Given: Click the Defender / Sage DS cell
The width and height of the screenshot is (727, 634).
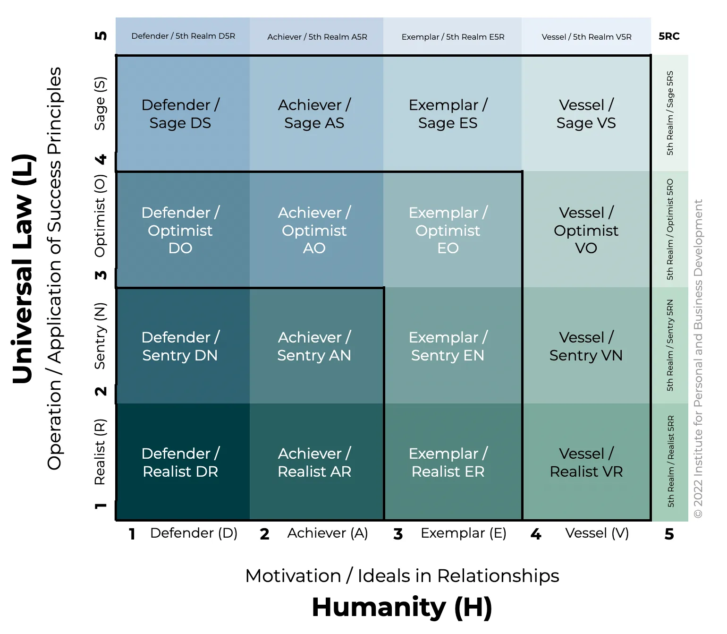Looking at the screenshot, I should pyautogui.click(x=180, y=114).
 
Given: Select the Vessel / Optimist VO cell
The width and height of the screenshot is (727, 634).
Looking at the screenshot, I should pyautogui.click(x=586, y=230).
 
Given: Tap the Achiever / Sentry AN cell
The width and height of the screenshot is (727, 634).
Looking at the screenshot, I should pyautogui.click(x=314, y=346).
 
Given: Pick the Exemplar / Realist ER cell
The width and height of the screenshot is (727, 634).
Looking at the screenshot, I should pyautogui.click(x=448, y=463).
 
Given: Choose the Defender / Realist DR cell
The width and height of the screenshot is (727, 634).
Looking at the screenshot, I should pyautogui.click(x=180, y=463).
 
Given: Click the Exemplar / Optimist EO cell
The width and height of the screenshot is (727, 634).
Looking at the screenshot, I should pyautogui.click(x=448, y=230).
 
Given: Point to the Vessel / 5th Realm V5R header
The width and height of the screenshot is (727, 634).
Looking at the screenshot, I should pyautogui.click(x=586, y=37).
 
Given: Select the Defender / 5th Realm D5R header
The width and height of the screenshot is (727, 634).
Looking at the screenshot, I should pyautogui.click(x=183, y=36).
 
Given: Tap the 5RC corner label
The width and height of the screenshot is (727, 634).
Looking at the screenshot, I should pyautogui.click(x=669, y=36).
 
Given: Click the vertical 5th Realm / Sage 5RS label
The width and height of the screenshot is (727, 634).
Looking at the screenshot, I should pyautogui.click(x=670, y=113).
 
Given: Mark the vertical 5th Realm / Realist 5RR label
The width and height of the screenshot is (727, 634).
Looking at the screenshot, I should pyautogui.click(x=670, y=462).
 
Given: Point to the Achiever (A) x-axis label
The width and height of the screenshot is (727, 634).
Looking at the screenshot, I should pyautogui.click(x=328, y=533).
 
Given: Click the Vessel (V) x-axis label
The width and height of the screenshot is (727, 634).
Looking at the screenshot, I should pyautogui.click(x=597, y=533).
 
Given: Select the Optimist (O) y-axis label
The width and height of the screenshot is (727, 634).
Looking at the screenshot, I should pyautogui.click(x=100, y=216).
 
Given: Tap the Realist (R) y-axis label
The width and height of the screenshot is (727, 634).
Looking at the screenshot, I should pyautogui.click(x=100, y=452).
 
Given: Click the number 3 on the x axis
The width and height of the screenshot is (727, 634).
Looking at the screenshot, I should pyautogui.click(x=398, y=534).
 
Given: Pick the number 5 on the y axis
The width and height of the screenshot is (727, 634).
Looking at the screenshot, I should pyautogui.click(x=101, y=36).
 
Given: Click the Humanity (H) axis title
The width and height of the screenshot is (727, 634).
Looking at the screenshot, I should pyautogui.click(x=402, y=608).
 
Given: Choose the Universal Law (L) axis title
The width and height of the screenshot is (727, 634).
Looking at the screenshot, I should pyautogui.click(x=23, y=268).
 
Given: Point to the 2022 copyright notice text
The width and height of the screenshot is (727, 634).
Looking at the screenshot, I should pyautogui.click(x=698, y=359).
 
